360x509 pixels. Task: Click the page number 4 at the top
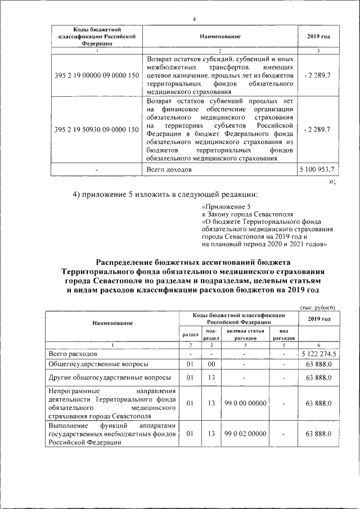[x=193, y=20]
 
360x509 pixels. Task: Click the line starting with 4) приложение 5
[x=165, y=195]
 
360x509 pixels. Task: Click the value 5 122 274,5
[x=318, y=354]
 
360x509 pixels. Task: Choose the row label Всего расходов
[x=73, y=354]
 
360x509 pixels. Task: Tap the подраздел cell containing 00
[x=211, y=364]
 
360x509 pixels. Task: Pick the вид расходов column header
[x=284, y=335]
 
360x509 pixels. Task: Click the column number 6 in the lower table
[x=318, y=345]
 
